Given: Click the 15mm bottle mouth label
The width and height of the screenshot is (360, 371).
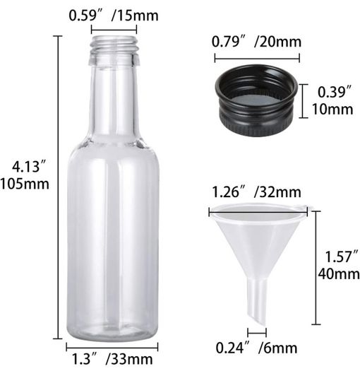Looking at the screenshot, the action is [135, 16].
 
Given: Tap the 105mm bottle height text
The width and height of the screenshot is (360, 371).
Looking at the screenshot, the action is [25, 184].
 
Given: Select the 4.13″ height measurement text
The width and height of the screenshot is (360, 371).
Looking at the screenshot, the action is [29, 166].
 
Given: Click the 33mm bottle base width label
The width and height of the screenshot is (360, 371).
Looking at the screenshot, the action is [129, 360].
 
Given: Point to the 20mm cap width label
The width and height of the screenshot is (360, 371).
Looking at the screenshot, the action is [278, 42].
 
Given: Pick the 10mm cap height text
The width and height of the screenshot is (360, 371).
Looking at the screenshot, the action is [332, 109].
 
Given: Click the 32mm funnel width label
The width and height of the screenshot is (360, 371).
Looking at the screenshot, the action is [277, 192].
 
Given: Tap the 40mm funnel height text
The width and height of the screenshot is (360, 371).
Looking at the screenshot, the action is [339, 274].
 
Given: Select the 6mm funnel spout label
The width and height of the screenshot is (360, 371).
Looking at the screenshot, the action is [278, 348].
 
